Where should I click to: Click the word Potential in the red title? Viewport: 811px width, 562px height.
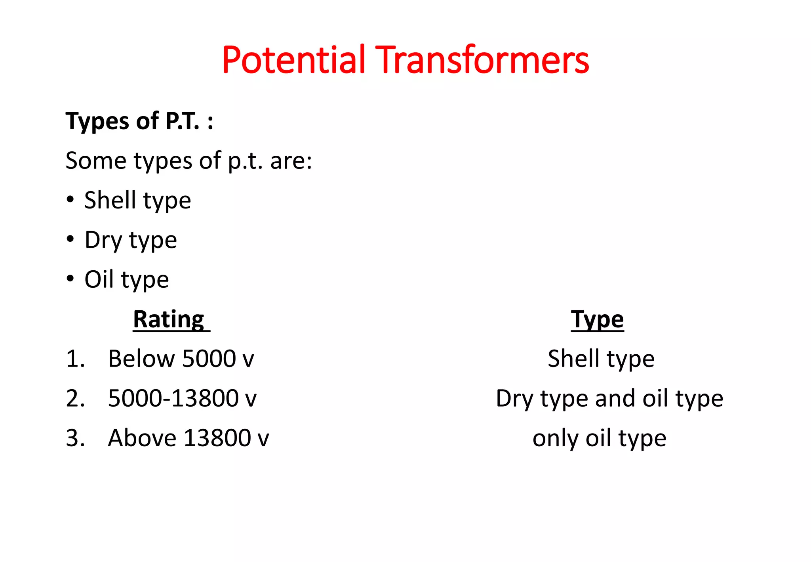293,60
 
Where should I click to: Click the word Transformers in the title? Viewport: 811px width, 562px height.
482,60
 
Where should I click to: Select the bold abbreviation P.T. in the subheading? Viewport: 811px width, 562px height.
182,121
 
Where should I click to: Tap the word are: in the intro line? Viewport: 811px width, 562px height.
291,161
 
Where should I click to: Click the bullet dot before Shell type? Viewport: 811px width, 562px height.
70,199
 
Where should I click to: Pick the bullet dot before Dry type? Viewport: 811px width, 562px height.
70,239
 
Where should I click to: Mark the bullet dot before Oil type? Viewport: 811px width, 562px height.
70,279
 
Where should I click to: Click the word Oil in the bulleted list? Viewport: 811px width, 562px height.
99,279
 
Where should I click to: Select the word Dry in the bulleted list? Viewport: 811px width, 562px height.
103,241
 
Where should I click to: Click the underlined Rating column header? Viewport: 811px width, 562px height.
169,319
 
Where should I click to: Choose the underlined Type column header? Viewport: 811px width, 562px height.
597,319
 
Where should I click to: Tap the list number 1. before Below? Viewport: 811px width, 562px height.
75,359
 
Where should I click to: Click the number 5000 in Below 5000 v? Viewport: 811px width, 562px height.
209,359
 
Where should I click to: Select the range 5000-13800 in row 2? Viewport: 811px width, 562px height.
173,399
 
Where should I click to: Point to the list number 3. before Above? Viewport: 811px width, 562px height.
75,438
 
